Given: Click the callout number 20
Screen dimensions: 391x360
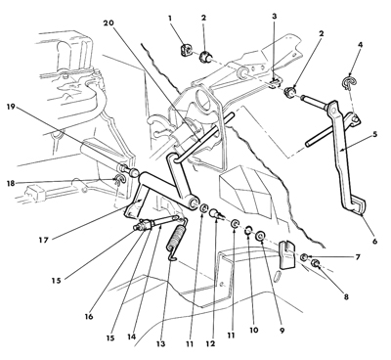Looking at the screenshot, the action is click(109, 23).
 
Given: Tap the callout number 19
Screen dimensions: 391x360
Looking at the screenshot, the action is click(11, 107).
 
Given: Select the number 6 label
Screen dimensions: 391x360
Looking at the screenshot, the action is click(374, 242).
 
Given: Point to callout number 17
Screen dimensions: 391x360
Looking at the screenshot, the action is click(43, 241).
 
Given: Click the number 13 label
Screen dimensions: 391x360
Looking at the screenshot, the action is click(161, 343).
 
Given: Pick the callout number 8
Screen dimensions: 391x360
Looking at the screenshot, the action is click(346, 297).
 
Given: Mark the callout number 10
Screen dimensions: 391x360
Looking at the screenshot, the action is click(253, 330).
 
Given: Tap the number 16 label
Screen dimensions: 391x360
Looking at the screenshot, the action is click(89, 316).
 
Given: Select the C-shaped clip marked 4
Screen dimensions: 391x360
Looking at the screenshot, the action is click(349, 83).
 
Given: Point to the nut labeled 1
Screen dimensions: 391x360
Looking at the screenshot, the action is click(187, 50).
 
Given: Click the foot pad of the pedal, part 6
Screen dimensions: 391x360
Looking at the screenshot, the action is click(359, 206).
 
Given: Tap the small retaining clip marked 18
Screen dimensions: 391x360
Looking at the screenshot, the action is click(117, 180).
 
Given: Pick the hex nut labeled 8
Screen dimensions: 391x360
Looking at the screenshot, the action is click(316, 264).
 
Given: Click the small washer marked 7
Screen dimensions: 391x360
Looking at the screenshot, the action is click(304, 257).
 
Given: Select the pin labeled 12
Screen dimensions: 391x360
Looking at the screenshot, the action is click(217, 214).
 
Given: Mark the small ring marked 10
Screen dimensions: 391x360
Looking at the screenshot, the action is click(248, 230).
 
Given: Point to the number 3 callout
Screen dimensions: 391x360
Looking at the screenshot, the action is click(275, 16).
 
